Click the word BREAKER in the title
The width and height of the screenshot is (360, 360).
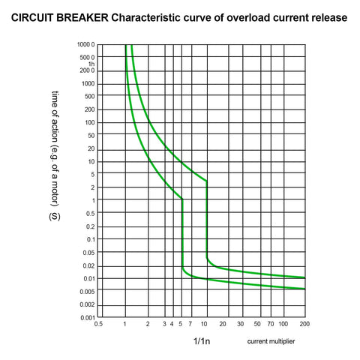coord(82,18)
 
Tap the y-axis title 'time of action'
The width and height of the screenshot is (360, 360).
coord(55,113)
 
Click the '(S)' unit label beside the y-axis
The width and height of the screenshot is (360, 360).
coord(55,217)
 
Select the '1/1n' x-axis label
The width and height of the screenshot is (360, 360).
coord(202,341)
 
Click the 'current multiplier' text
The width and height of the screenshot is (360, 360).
coord(271,341)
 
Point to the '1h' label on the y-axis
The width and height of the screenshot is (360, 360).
coord(91,64)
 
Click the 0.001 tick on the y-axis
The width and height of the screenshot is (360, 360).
coord(88,318)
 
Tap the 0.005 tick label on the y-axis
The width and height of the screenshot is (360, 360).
coord(87,292)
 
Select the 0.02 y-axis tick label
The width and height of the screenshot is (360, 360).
coord(88,266)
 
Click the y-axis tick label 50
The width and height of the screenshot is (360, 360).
coord(91,136)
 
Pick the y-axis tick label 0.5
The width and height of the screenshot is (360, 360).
coord(91,214)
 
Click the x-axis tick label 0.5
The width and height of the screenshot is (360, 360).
coord(98,324)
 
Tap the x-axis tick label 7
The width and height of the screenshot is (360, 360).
coord(190,324)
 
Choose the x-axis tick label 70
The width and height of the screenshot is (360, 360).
coord(271,324)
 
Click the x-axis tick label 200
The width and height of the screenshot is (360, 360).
coord(304,324)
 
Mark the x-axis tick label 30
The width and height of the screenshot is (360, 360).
coord(241,324)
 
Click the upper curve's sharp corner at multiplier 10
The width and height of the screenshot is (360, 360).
coord(206,181)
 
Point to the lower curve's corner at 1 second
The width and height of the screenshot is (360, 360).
coord(182,199)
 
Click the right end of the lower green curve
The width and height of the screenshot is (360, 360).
coord(305,289)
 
